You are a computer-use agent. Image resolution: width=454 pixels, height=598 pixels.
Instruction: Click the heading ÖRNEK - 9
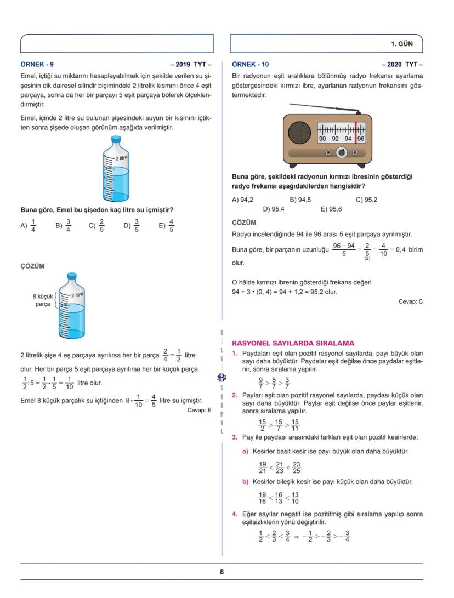click(x=37, y=64)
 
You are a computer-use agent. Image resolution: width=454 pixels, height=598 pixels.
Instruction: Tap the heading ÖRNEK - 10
click(x=250, y=64)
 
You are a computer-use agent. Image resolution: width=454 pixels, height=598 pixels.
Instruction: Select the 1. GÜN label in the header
click(x=401, y=43)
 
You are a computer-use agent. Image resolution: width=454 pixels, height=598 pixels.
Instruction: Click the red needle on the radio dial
click(x=355, y=132)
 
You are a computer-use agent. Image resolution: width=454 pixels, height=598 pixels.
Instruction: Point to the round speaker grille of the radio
click(x=299, y=133)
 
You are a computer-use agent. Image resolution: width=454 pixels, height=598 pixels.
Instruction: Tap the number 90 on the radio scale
click(x=323, y=139)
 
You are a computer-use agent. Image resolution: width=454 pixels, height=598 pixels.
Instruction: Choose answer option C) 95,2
click(x=366, y=200)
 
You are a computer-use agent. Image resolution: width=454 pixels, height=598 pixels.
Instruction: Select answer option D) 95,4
click(x=274, y=209)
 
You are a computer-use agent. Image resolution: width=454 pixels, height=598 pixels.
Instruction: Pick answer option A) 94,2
click(x=242, y=200)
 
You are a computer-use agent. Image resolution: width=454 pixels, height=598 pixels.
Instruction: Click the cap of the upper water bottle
click(x=116, y=140)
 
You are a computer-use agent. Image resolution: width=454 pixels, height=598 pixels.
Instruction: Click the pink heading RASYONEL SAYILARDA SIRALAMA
click(x=293, y=343)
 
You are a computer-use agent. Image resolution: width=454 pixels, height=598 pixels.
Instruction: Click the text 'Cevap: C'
click(x=411, y=301)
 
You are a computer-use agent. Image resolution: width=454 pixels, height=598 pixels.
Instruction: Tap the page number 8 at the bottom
click(x=222, y=572)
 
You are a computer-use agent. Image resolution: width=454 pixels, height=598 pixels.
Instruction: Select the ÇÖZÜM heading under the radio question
click(x=244, y=223)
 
